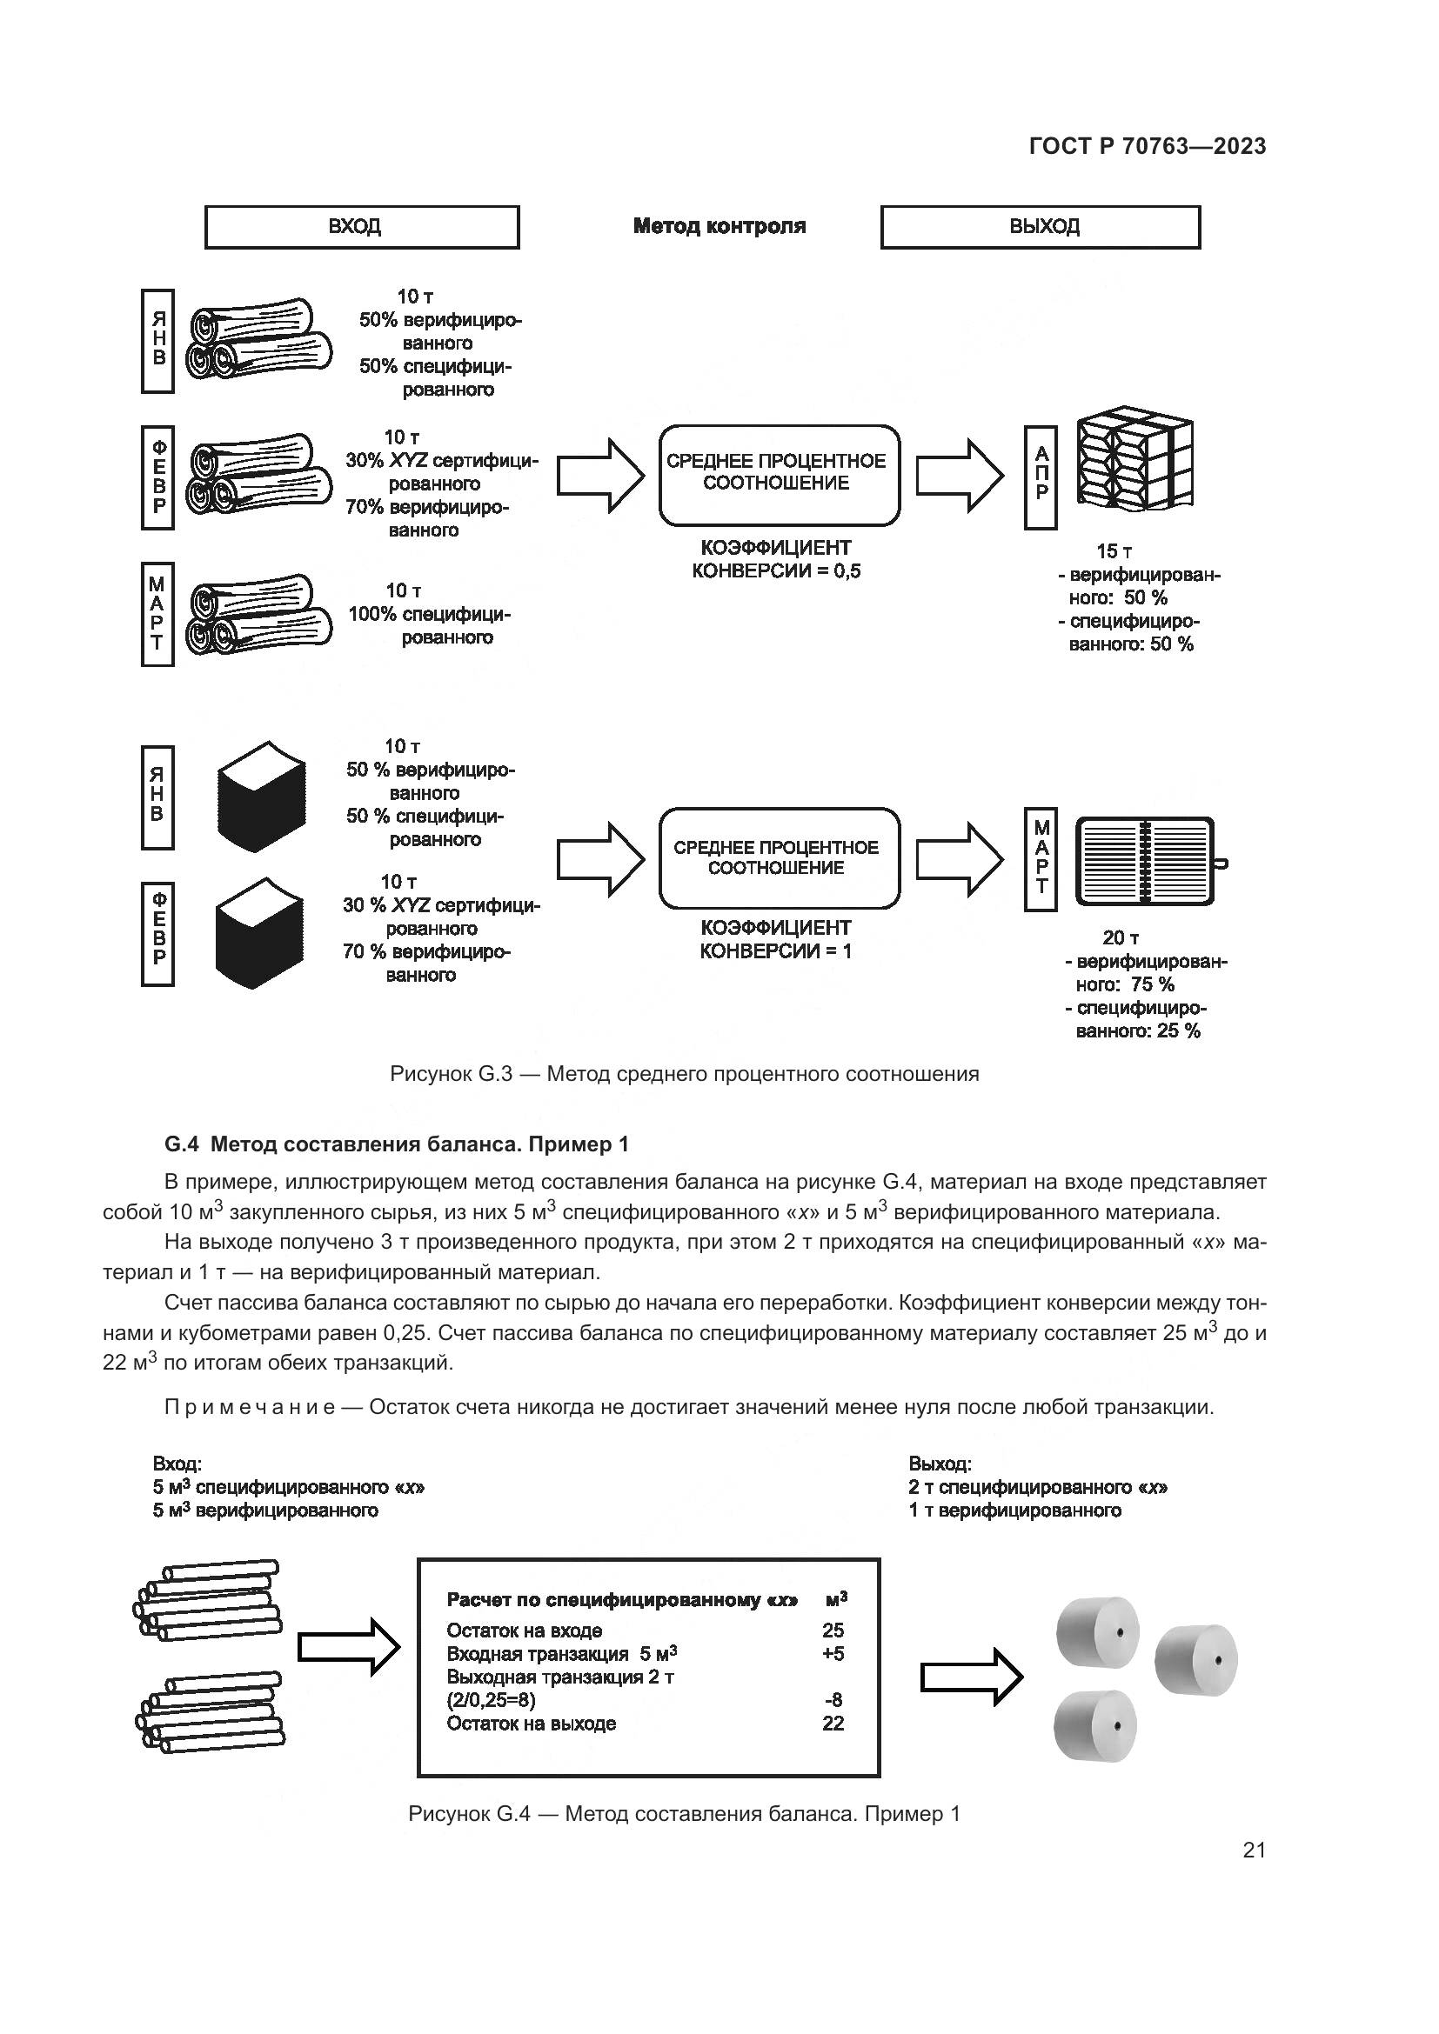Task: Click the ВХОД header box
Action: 362,227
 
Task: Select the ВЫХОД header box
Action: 1041,227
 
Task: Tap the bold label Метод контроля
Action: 719,226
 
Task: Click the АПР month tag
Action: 1041,477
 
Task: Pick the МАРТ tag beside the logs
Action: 157,613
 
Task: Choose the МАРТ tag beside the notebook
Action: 1041,858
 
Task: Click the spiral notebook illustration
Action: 1146,861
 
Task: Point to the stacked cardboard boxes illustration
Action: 1134,461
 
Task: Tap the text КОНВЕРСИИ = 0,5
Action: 776,570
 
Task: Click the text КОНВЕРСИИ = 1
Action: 775,951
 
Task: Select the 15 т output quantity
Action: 1114,551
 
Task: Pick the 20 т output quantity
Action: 1121,937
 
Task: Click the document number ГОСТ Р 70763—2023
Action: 1148,147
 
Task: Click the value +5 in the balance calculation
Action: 832,1653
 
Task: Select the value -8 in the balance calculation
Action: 833,1699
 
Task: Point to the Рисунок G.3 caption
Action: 684,1075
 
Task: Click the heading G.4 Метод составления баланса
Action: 396,1144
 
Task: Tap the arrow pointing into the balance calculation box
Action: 349,1647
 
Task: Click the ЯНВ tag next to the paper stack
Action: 157,797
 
